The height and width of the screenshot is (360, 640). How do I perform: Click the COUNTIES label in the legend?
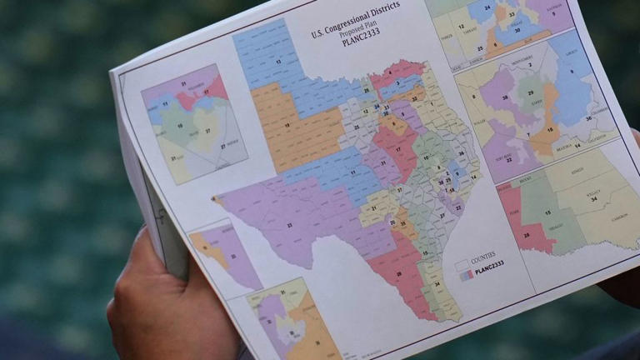point(482,255)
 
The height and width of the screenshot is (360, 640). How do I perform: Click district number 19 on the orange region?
point(287,126)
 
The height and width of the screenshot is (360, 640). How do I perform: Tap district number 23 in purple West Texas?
point(290,225)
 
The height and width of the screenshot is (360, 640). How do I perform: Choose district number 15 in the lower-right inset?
point(547,213)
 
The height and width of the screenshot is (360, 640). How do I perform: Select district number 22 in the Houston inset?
point(507,159)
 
